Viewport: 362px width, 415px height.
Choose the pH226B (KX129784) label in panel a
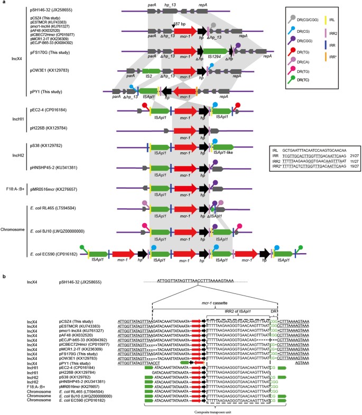(53, 128)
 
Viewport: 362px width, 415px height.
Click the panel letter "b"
(4, 276)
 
